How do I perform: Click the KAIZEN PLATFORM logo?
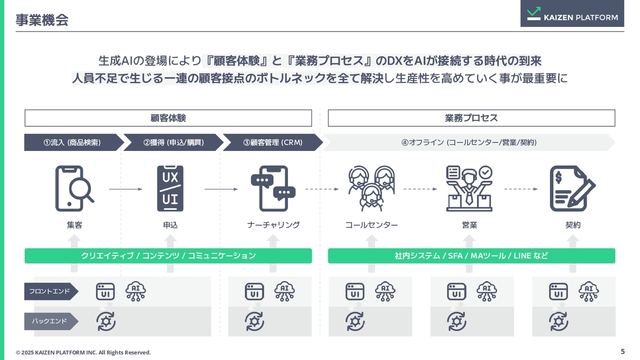pos(572,13)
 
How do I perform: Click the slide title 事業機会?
pos(42,20)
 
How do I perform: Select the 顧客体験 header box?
pos(168,118)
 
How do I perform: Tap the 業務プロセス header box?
pos(471,118)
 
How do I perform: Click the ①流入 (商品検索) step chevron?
pos(73,142)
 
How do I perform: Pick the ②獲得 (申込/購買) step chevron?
pos(173,142)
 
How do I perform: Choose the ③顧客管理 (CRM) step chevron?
pos(273,142)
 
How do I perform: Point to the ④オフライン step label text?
pos(469,142)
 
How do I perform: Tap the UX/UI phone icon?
pos(170,188)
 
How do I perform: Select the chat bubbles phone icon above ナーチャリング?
pos(273,188)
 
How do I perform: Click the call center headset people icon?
pos(371,188)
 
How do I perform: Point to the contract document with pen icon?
pos(572,188)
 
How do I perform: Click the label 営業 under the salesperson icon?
pos(469,225)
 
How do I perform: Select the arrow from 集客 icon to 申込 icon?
pos(125,189)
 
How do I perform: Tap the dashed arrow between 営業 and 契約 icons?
pos(521,189)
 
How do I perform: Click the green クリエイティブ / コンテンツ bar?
pos(168,255)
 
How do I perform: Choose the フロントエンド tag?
pos(51,291)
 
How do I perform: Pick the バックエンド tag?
pos(51,321)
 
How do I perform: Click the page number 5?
pos(622,351)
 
